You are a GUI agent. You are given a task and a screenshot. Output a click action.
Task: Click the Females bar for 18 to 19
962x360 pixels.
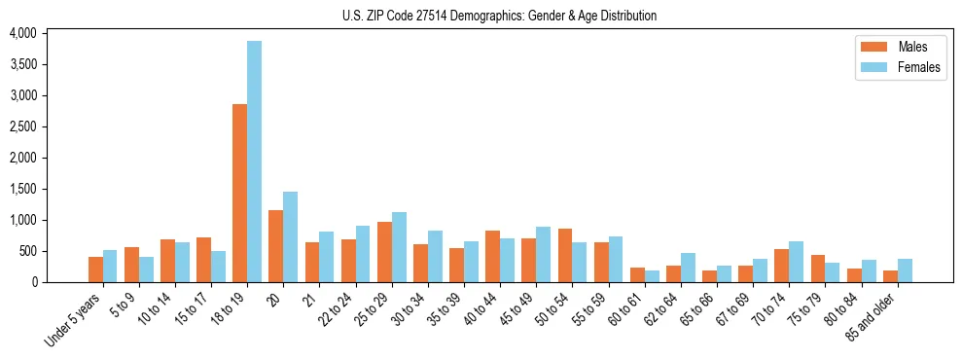tap(254, 162)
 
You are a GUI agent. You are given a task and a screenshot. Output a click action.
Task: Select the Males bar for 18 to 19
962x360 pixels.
tap(239, 193)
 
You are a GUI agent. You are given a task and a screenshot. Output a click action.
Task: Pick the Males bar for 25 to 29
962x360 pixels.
tap(384, 252)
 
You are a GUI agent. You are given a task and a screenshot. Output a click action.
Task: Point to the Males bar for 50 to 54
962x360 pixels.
tap(565, 255)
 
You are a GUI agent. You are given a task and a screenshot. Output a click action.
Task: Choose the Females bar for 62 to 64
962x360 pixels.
tap(688, 268)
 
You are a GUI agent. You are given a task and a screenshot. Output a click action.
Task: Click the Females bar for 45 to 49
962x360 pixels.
tap(544, 254)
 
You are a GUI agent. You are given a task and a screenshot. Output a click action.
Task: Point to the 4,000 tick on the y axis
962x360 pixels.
tap(22, 33)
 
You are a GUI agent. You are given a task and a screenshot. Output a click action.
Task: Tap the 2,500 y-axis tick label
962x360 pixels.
tap(22, 126)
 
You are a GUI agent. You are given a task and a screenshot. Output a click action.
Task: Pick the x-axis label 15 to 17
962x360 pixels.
tap(191, 309)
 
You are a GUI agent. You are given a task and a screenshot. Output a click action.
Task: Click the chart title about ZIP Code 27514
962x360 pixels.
tap(499, 16)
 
